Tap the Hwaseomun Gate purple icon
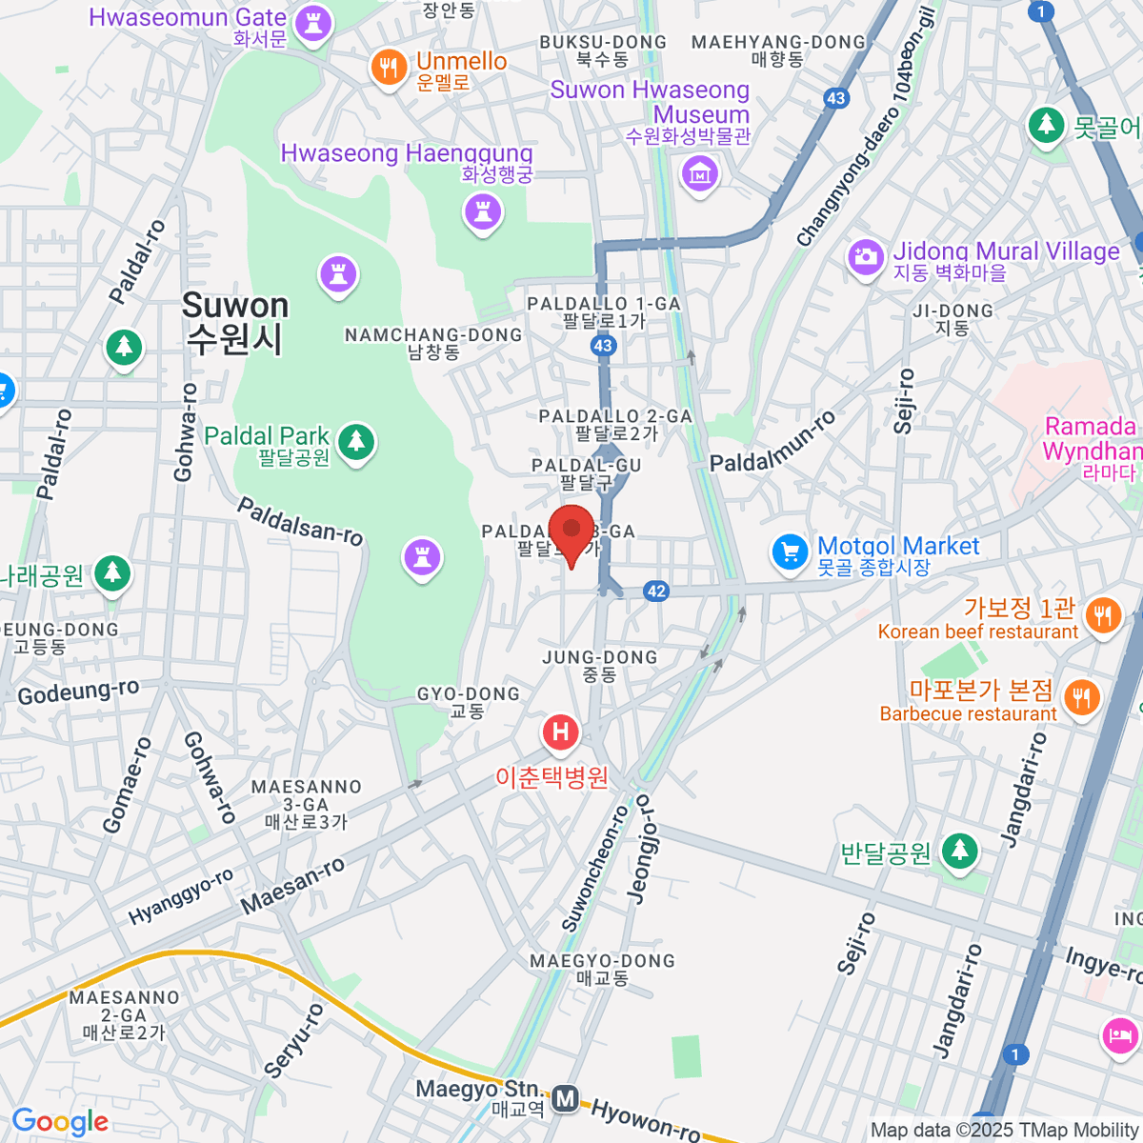(312, 23)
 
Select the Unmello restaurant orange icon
(389, 69)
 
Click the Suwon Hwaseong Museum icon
(700, 174)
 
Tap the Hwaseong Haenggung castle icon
(483, 211)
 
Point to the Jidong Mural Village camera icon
(866, 257)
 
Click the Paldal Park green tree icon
(356, 442)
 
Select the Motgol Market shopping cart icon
(790, 552)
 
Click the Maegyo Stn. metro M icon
(566, 1098)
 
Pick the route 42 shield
(656, 592)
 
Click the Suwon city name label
(234, 322)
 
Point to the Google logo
(60, 1122)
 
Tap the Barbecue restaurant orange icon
(1080, 699)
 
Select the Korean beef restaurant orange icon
(1103, 616)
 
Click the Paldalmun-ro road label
(772, 441)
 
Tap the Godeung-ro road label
(78, 692)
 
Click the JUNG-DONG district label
(599, 665)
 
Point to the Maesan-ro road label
(292, 887)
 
